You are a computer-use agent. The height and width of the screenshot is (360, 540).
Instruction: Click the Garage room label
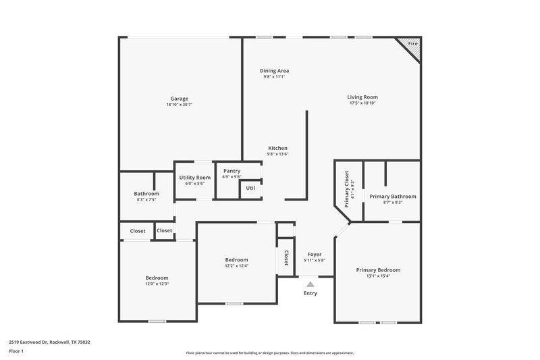pos(179,99)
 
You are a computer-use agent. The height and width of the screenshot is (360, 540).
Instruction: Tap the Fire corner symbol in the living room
pos(412,44)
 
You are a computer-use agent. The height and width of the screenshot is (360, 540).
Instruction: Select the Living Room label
pos(362,97)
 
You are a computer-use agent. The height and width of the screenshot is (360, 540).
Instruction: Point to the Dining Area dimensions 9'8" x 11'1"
pos(275,77)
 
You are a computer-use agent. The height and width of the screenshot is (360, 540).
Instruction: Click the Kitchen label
pos(278,148)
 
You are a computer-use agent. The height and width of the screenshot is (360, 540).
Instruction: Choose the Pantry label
pos(232,171)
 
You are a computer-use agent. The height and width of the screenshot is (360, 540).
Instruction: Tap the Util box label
pos(250,188)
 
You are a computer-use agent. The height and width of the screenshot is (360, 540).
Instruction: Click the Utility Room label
pos(194,177)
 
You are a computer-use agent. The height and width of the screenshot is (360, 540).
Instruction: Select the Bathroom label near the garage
pos(146,194)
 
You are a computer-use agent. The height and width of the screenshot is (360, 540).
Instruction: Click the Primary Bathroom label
pos(393,196)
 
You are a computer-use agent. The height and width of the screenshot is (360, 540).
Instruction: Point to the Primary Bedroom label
pos(378,269)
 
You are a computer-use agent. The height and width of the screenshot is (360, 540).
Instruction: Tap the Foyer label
pos(315,254)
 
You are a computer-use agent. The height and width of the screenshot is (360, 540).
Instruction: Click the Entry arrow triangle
pos(310,285)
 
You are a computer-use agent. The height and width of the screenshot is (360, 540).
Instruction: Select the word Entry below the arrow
pos(310,293)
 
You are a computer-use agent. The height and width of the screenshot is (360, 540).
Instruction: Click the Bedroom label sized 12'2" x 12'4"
pos(236,259)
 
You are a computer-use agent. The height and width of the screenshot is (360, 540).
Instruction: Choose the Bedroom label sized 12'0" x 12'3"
pos(157,278)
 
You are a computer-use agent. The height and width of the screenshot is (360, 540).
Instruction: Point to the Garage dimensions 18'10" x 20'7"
pos(179,105)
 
